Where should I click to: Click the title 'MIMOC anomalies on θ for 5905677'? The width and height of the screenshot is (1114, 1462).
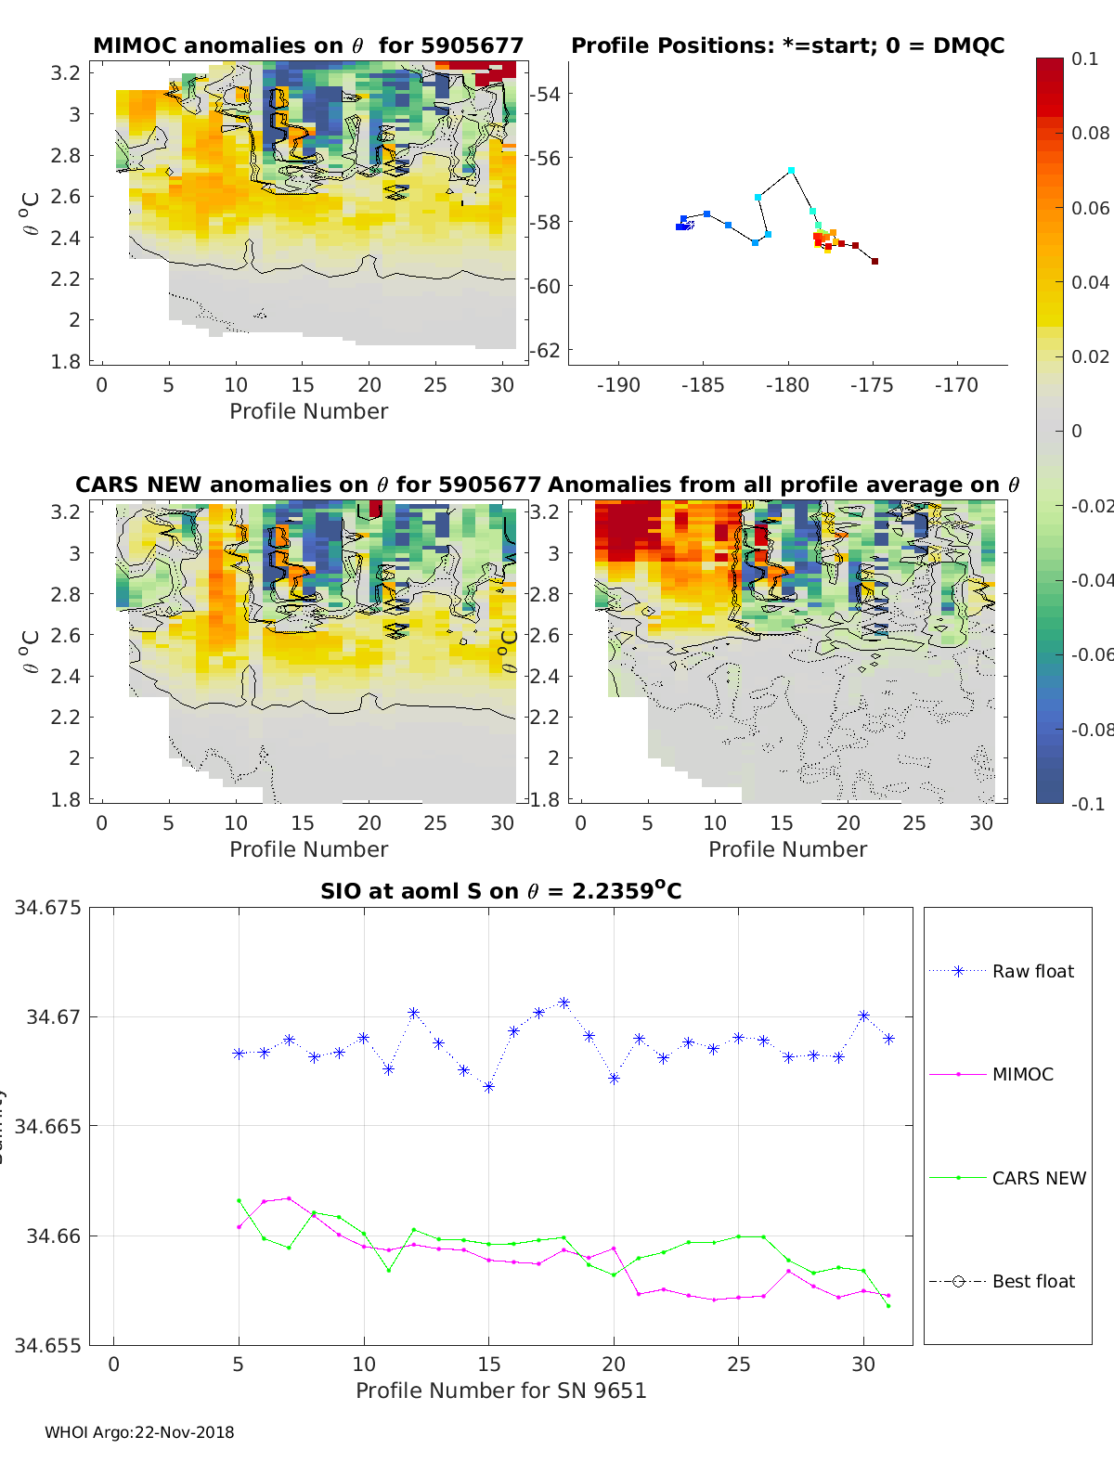[308, 45]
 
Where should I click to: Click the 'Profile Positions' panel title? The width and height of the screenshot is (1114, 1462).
[787, 45]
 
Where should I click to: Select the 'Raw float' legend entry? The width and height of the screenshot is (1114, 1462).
[1032, 971]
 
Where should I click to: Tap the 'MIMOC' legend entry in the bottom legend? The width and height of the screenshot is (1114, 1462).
[1022, 1074]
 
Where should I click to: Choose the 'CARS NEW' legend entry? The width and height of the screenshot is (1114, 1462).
[1038, 1178]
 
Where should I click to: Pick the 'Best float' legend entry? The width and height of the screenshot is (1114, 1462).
[1032, 1281]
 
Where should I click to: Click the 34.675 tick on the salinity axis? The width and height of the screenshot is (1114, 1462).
[47, 908]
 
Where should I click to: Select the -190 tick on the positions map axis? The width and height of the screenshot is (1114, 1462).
[618, 385]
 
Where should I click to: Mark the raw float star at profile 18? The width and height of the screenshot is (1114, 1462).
[563, 1003]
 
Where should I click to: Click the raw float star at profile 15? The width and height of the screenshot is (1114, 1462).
[488, 1086]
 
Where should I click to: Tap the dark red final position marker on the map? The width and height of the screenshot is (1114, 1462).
[874, 262]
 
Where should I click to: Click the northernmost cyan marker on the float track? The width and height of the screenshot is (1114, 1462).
[791, 171]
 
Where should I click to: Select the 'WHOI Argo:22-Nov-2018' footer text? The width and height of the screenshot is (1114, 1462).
[139, 1432]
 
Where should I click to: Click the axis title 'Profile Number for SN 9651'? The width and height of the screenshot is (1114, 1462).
[500, 1391]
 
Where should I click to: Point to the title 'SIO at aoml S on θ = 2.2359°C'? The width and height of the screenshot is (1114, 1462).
[500, 891]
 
